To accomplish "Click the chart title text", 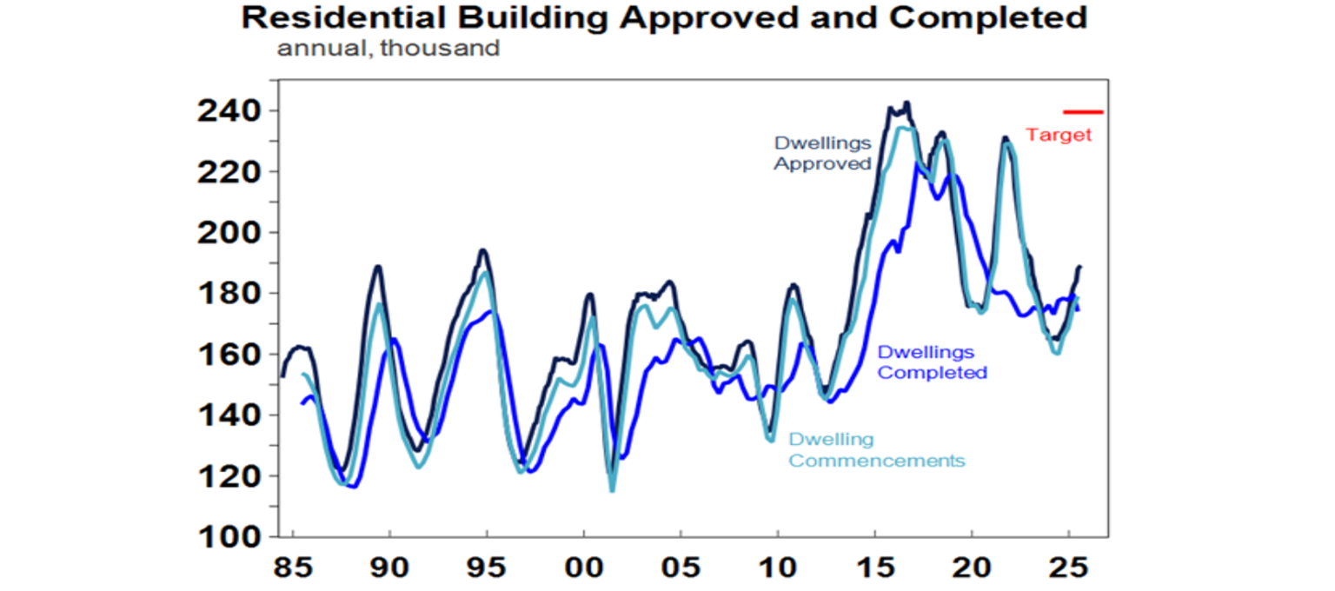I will click(x=664, y=17).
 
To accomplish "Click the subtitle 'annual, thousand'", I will click(x=388, y=48).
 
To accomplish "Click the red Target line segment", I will click(x=1083, y=111).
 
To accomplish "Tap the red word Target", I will click(x=1058, y=136).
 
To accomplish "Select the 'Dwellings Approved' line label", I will click(x=821, y=154).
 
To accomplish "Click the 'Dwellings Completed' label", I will click(x=932, y=362).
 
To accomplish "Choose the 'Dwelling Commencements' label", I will click(x=876, y=450).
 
